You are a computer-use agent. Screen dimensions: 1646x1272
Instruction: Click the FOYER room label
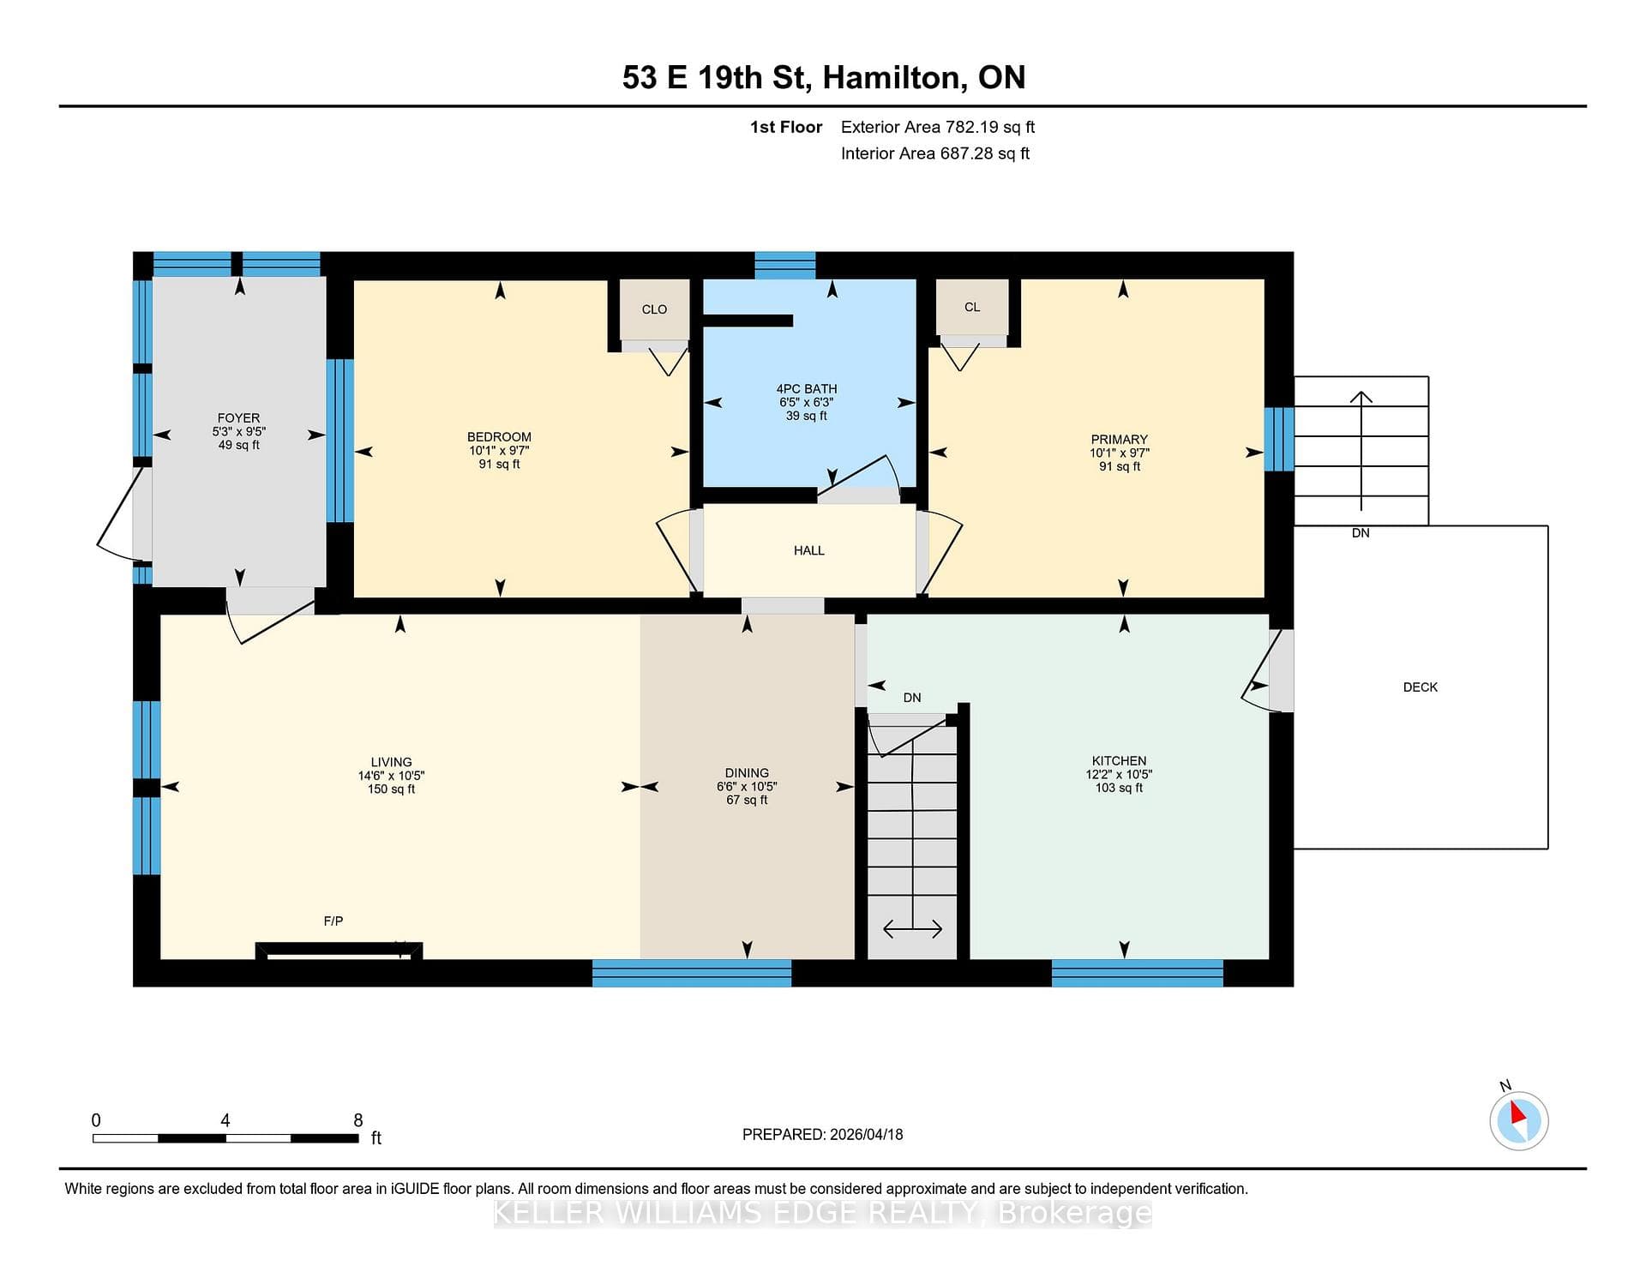(238, 418)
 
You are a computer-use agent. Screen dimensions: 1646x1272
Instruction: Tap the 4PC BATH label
(807, 389)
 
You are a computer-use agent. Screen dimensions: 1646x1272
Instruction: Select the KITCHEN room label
(1119, 761)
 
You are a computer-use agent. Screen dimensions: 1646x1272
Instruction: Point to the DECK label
(1421, 687)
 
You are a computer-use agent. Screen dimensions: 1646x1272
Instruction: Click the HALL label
(809, 551)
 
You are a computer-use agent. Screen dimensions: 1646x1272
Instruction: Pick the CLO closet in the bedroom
(654, 309)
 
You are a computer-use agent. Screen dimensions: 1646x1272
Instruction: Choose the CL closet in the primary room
(972, 307)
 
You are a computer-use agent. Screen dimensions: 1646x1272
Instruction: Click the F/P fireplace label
(333, 921)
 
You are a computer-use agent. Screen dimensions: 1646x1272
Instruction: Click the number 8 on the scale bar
(358, 1120)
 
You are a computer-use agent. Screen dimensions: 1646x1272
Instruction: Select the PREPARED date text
(823, 1135)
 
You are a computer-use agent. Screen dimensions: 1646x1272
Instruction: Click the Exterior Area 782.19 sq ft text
(938, 128)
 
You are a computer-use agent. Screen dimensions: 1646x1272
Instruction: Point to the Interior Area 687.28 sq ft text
(935, 154)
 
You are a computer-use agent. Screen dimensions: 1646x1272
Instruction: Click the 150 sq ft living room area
(392, 789)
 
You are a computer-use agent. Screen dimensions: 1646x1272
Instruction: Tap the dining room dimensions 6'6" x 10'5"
(747, 787)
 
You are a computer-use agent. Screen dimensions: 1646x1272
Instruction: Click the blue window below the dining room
(692, 974)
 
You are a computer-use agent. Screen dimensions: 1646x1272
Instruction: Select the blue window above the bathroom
(784, 266)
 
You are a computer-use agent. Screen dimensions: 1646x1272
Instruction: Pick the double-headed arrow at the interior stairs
(913, 929)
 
